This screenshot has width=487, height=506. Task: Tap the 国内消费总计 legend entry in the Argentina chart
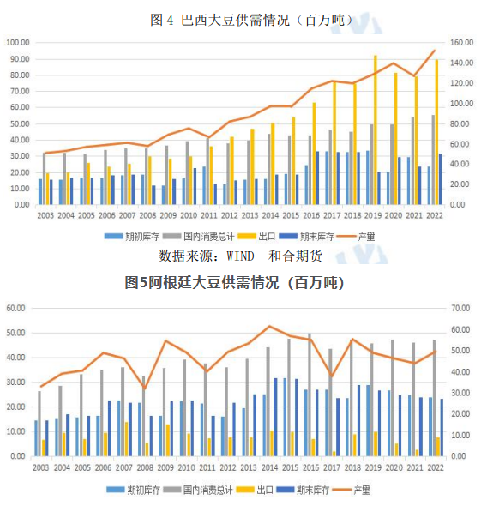click(x=213, y=490)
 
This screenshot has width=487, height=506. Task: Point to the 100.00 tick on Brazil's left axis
click(x=19, y=43)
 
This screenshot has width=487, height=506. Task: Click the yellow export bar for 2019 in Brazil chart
click(x=375, y=129)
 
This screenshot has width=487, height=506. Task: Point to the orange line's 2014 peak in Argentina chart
click(x=270, y=326)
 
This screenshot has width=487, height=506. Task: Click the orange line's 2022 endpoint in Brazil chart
click(x=435, y=50)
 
